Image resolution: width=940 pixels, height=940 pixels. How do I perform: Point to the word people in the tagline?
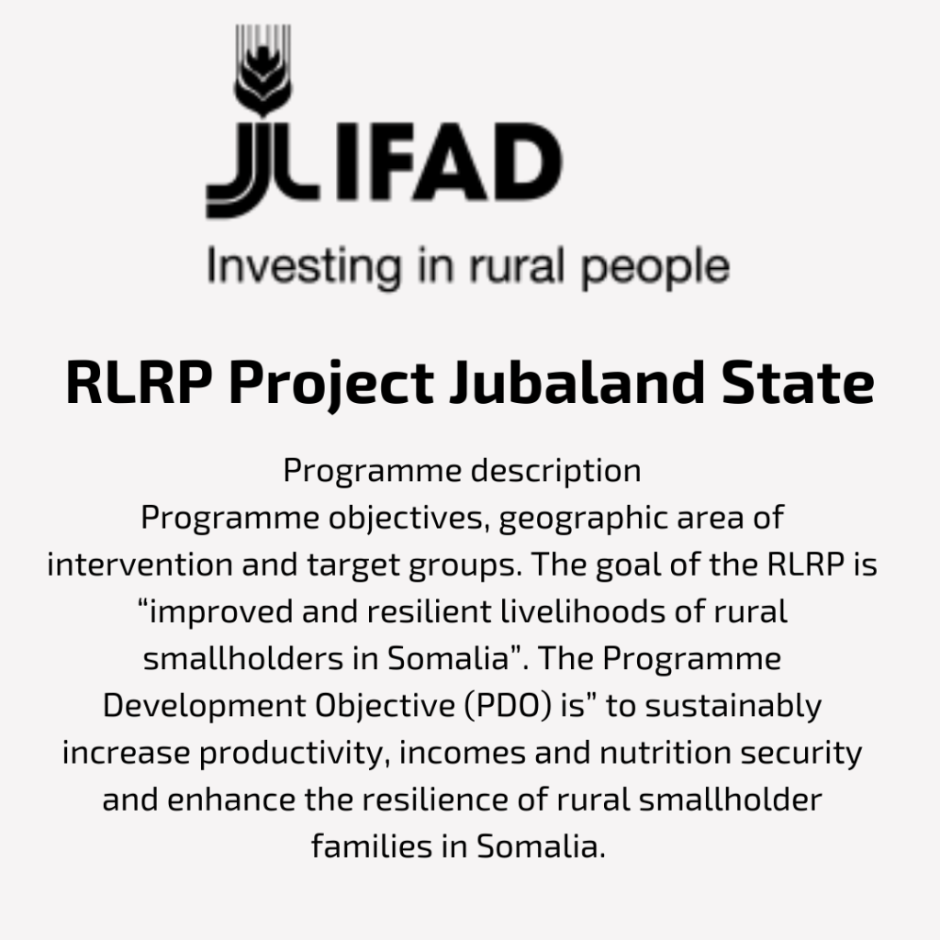655,269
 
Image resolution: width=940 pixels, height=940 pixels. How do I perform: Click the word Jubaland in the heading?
577,383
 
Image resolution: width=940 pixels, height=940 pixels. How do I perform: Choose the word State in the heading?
798,383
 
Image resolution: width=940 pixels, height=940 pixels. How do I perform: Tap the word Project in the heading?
330,384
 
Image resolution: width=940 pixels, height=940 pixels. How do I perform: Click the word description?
555,471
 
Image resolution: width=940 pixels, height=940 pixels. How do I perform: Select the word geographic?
582,519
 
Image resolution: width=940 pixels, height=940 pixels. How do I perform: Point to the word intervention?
140,565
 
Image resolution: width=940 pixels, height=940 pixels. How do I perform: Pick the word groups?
465,565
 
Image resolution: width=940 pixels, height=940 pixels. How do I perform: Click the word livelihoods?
582,611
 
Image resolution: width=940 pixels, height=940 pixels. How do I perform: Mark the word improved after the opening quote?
220,612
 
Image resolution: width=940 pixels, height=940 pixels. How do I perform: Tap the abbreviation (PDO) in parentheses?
507,706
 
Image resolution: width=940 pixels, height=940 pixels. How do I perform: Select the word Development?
205,707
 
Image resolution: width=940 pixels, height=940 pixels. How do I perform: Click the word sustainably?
733,707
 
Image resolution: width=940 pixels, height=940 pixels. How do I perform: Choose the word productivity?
291,754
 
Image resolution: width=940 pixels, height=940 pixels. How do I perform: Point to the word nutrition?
666,753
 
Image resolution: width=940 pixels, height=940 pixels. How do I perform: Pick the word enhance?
230,800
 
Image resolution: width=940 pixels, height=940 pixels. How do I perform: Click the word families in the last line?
372,846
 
